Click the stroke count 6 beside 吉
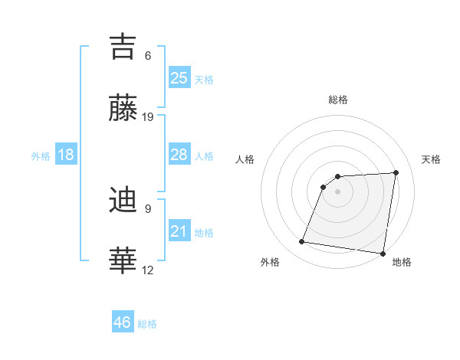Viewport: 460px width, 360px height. pyautogui.click(x=148, y=55)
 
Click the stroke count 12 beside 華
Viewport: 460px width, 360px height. pyautogui.click(x=148, y=270)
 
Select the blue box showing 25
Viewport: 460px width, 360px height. pyautogui.click(x=179, y=78)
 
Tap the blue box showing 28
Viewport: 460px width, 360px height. pyautogui.click(x=179, y=155)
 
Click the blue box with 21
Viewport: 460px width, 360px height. pyautogui.click(x=179, y=231)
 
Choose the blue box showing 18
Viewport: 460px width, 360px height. pyautogui.click(x=66, y=155)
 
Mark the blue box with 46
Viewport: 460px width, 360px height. pyautogui.click(x=123, y=322)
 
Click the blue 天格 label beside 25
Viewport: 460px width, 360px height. pyautogui.click(x=204, y=80)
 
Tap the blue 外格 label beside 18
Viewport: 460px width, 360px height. pyautogui.click(x=41, y=156)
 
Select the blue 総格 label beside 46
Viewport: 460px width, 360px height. pyautogui.click(x=148, y=324)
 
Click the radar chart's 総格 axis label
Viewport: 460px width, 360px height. pyautogui.click(x=338, y=100)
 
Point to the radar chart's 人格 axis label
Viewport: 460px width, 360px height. pyautogui.click(x=245, y=159)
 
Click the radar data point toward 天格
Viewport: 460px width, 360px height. pyautogui.click(x=396, y=172)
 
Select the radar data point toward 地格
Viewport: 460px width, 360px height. pyautogui.click(x=383, y=254)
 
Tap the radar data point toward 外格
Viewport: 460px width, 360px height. pyautogui.click(x=302, y=242)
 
